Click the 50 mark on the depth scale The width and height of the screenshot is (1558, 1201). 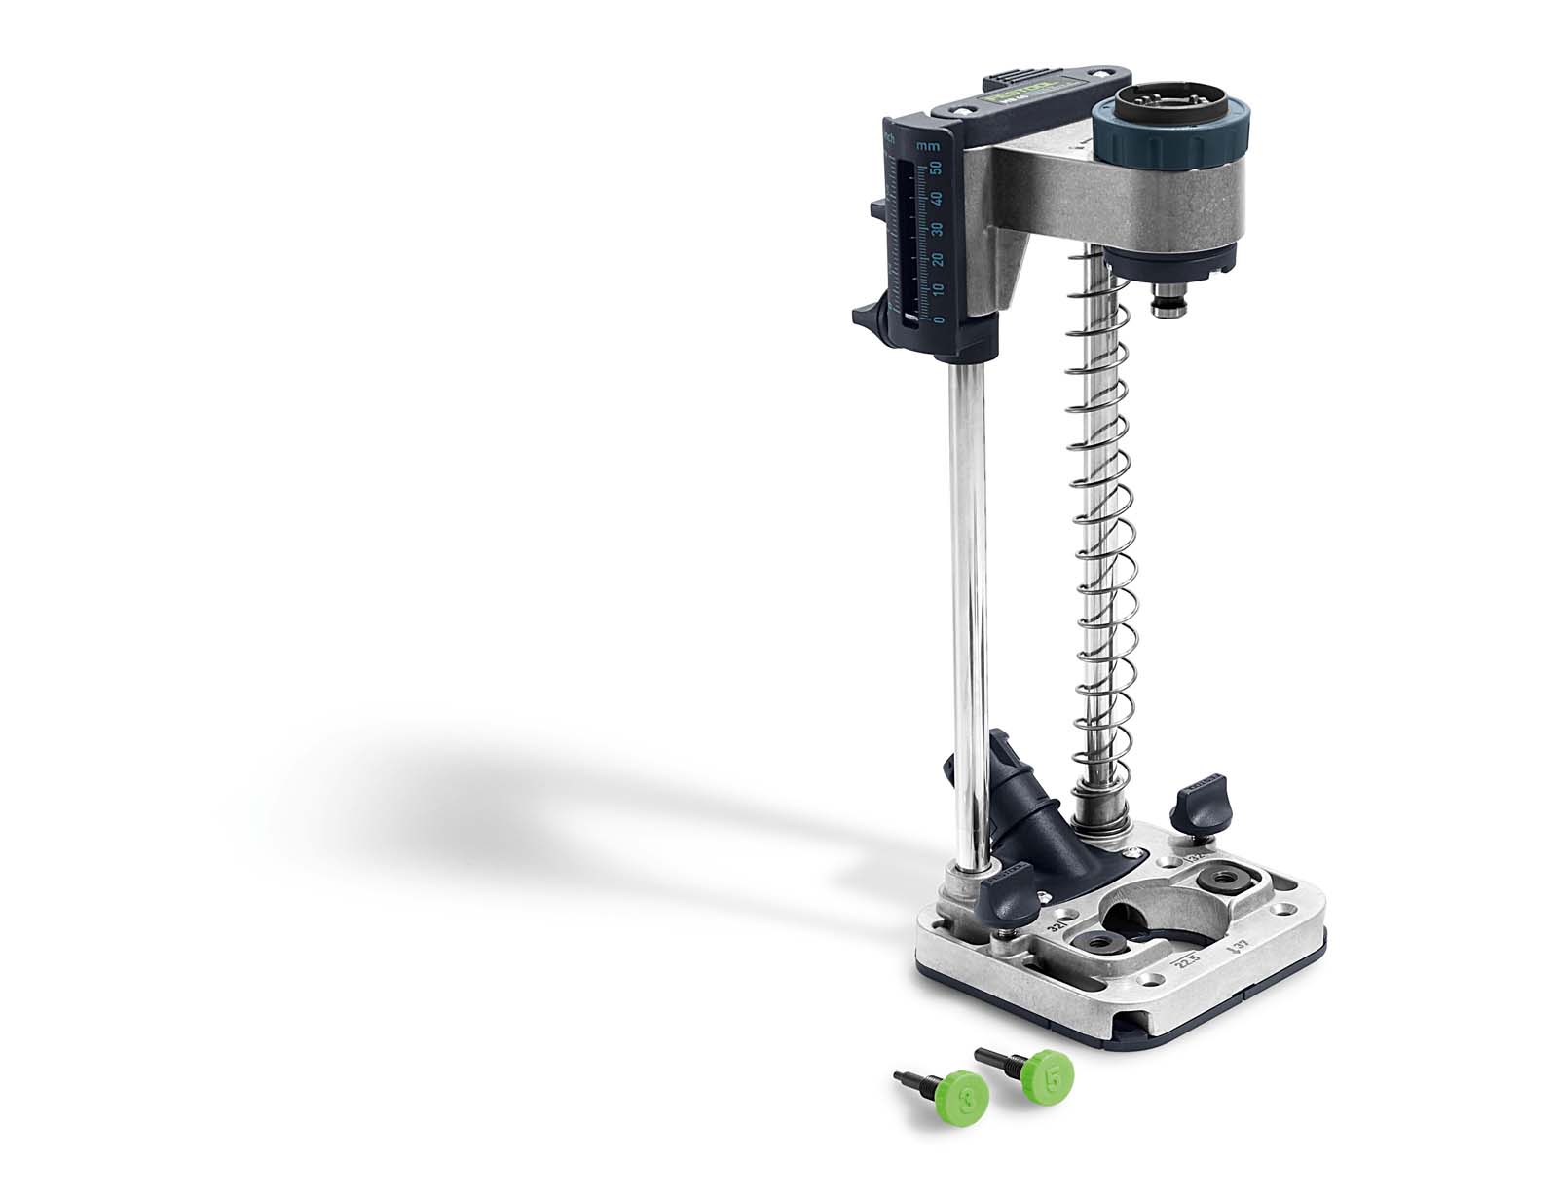point(935,169)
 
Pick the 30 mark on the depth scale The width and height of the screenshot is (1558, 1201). point(936,229)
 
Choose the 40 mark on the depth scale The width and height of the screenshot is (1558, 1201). point(935,199)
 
